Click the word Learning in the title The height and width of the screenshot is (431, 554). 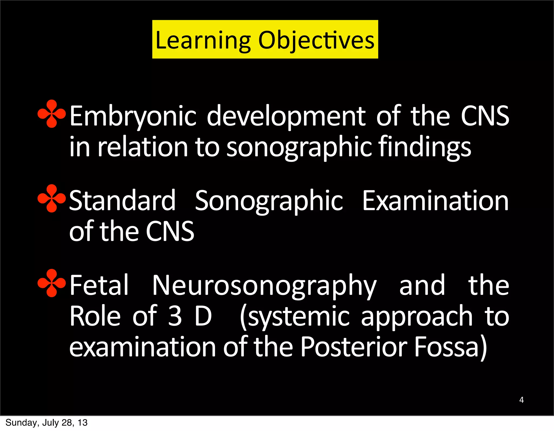(203, 41)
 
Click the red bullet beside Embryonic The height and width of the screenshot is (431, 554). (51, 114)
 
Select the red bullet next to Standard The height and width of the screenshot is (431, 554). (51, 198)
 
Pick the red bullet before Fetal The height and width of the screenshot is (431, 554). (51, 283)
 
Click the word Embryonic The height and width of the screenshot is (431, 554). (133, 116)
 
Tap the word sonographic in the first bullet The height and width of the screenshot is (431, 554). (299, 147)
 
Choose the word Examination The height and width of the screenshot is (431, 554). (435, 201)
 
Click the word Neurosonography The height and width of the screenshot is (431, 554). (264, 286)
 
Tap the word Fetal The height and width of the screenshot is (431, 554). (99, 285)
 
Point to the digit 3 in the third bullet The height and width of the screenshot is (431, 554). (175, 316)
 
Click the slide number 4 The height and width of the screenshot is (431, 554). (521, 400)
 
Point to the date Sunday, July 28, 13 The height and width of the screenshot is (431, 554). (47, 423)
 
